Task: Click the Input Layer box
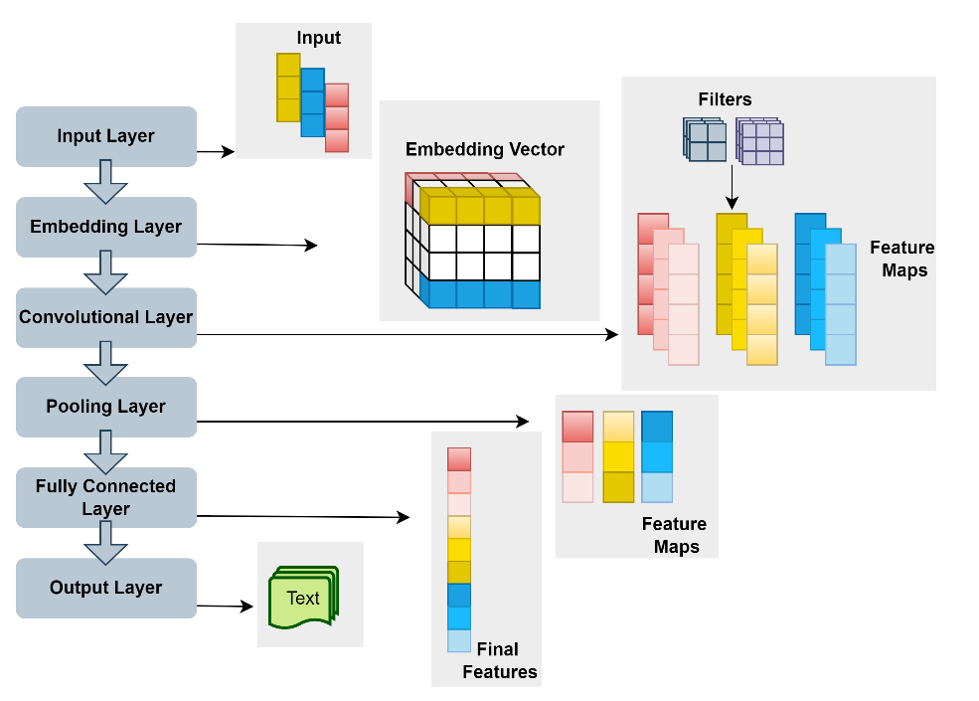pyautogui.click(x=106, y=136)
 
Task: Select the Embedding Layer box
pyautogui.click(x=106, y=227)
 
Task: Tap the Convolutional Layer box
pyautogui.click(x=106, y=317)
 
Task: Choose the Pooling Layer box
pyautogui.click(x=106, y=407)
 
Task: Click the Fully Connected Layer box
pyautogui.click(x=106, y=497)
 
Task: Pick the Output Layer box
pyautogui.click(x=106, y=588)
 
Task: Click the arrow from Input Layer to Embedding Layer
pyautogui.click(x=106, y=181)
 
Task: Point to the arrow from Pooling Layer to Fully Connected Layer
pyautogui.click(x=106, y=451)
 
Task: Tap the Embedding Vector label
pyautogui.click(x=485, y=150)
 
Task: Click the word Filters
pyautogui.click(x=725, y=99)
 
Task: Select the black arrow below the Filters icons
pyautogui.click(x=732, y=185)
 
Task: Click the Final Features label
pyautogui.click(x=500, y=660)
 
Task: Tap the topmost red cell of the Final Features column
pyautogui.click(x=458, y=458)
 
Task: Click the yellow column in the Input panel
pyautogui.click(x=287, y=87)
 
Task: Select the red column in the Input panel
pyautogui.click(x=337, y=117)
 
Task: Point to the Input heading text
pyautogui.click(x=318, y=39)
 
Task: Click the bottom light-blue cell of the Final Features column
pyautogui.click(x=458, y=640)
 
